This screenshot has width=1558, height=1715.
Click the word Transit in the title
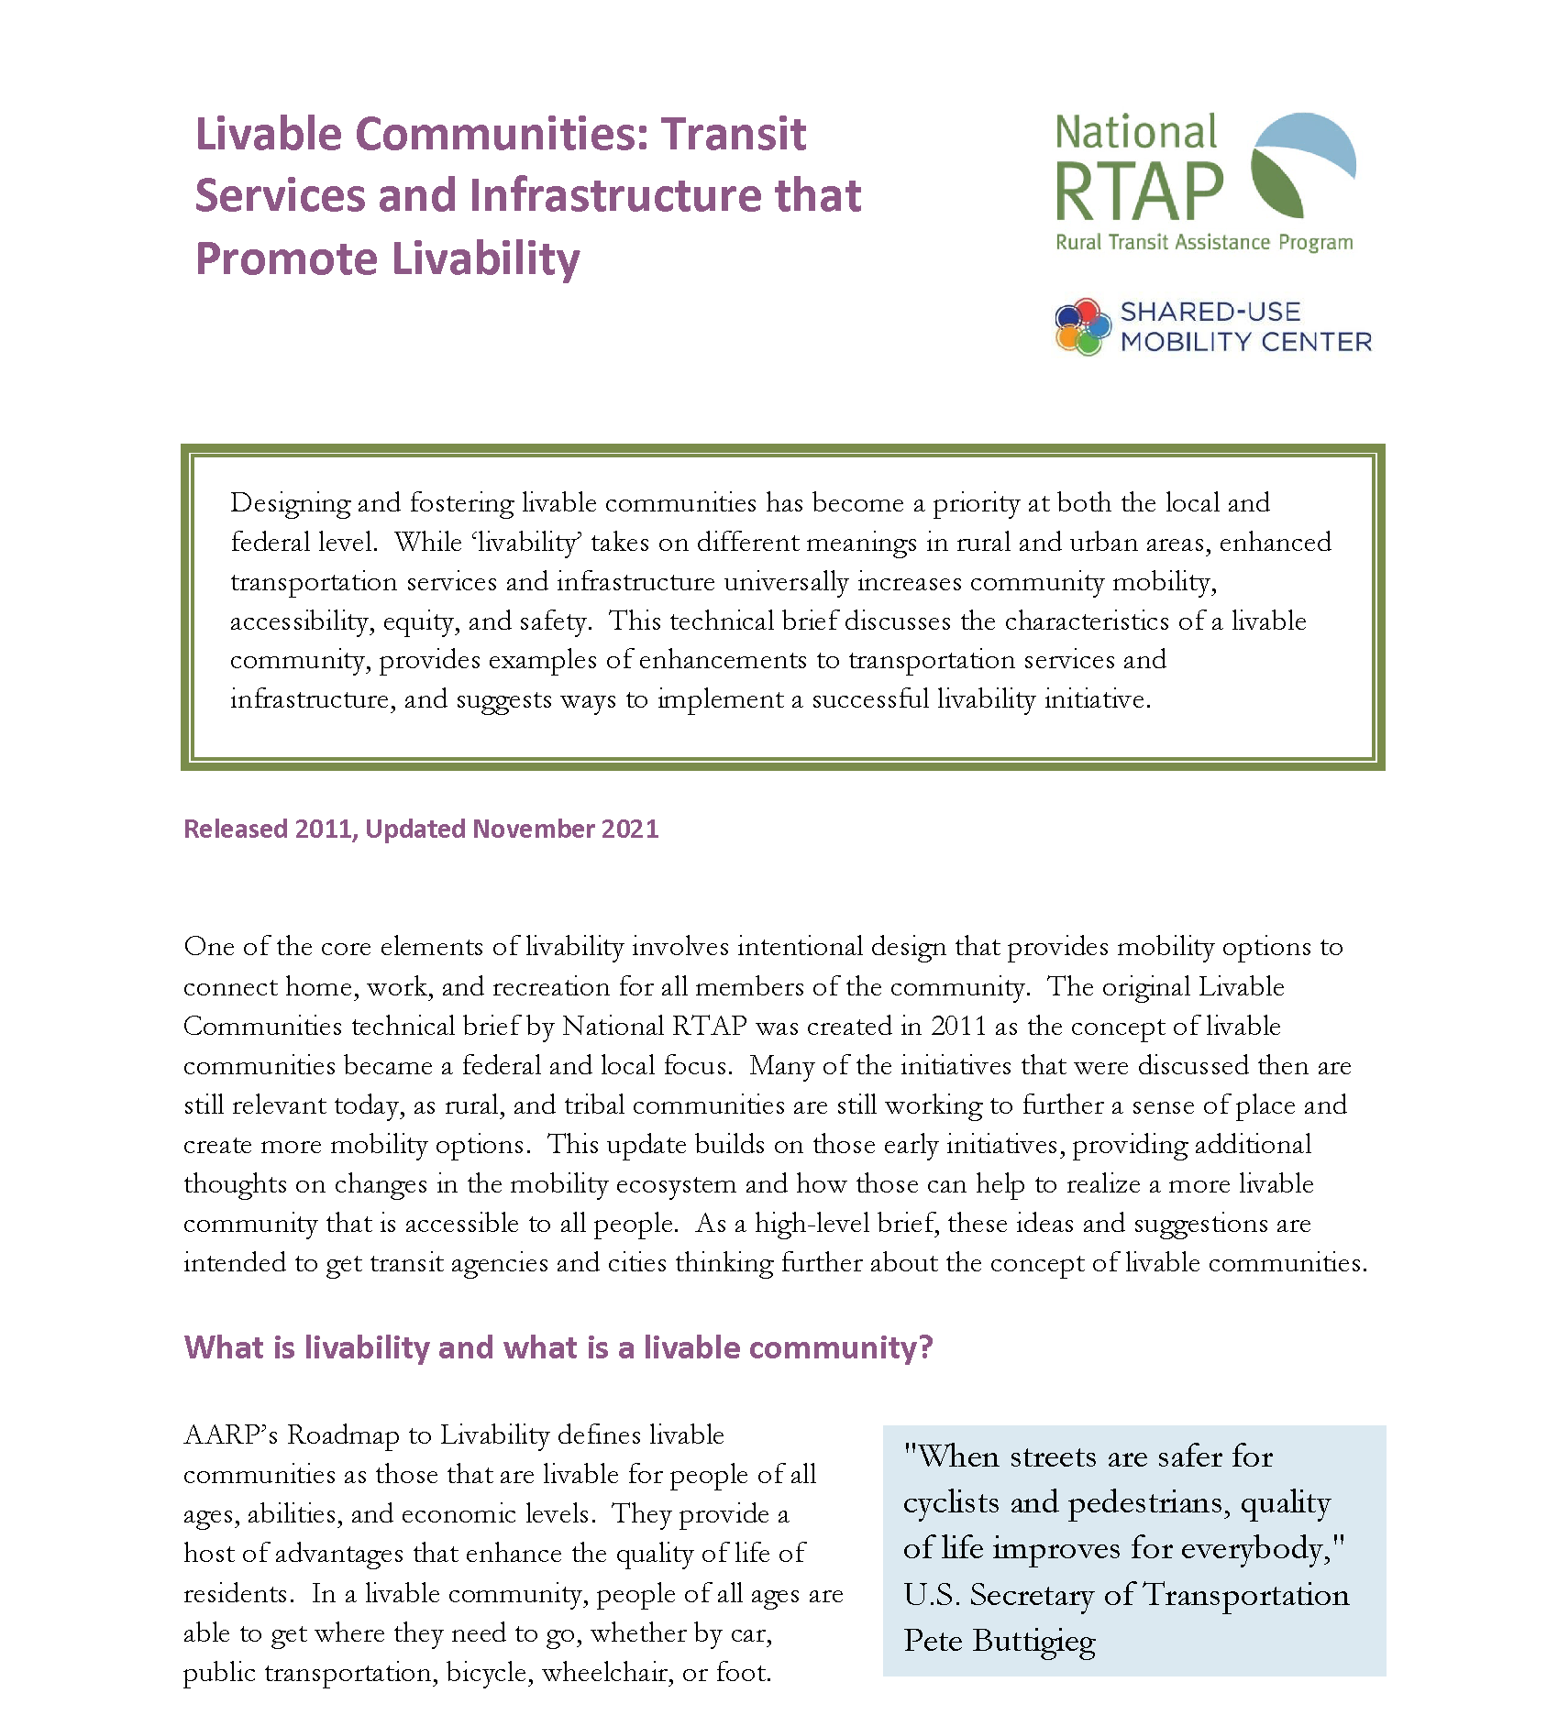(x=734, y=135)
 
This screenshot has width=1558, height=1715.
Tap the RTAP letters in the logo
(x=1139, y=192)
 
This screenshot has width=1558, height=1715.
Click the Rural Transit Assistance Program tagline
(x=1203, y=243)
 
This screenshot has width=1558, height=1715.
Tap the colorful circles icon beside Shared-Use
(x=1083, y=326)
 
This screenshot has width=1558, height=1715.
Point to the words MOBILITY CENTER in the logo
(x=1245, y=343)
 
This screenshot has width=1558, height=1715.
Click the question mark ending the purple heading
(x=924, y=1347)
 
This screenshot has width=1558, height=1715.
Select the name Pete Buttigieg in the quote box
(x=999, y=1641)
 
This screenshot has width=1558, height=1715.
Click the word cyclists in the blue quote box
(x=950, y=1503)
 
